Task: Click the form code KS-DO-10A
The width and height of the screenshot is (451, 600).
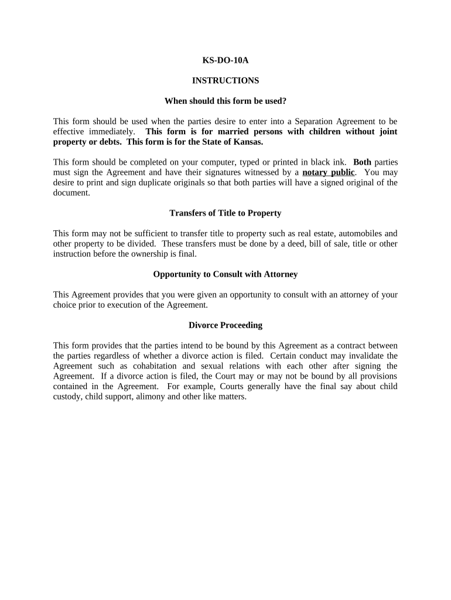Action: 225,60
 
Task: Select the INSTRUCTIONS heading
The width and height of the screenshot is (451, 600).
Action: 225,80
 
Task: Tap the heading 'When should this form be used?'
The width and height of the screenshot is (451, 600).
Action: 225,101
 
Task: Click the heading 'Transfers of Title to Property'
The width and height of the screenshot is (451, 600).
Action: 225,213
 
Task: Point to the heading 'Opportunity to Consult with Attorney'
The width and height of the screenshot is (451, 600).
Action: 225,274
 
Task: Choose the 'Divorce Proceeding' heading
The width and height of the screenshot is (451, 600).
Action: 225,325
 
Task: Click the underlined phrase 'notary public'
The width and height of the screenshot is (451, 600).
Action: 329,172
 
